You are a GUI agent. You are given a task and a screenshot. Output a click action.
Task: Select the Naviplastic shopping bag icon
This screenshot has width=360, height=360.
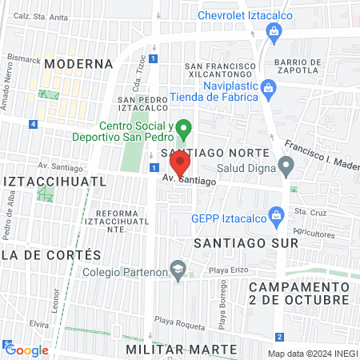click(x=270, y=93)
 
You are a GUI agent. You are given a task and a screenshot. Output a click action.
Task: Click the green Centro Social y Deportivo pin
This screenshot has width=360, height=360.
click(x=184, y=127)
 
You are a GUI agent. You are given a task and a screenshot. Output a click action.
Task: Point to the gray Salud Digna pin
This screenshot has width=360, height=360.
click(x=286, y=166)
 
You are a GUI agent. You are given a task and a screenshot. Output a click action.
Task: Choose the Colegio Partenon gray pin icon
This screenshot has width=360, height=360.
click(x=178, y=268)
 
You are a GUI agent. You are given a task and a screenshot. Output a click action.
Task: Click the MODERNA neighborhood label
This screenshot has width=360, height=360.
click(x=78, y=63)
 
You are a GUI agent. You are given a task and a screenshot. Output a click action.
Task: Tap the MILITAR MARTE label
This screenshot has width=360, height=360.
click(x=182, y=350)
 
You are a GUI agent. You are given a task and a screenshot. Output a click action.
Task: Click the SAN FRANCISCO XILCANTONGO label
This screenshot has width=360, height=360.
click(x=221, y=70)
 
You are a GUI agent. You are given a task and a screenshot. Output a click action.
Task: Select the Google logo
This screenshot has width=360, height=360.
click(x=27, y=350)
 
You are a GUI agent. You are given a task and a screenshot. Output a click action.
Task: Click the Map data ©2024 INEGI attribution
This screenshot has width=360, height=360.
click(x=310, y=354)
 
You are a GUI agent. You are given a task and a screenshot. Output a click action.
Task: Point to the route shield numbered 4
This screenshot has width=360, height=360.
click(x=33, y=124)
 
